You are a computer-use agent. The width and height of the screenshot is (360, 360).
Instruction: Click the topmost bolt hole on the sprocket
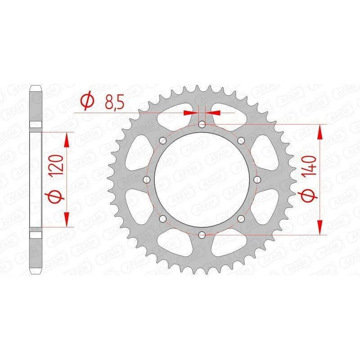pos(202,125)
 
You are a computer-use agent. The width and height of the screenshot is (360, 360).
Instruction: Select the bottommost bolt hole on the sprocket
pos(202,234)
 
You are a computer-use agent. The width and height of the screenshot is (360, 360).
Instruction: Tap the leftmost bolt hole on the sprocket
pos(147,180)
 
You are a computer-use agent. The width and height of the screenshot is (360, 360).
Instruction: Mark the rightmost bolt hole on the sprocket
pos(257,180)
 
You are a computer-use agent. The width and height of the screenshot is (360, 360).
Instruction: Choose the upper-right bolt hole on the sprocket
pos(241,140)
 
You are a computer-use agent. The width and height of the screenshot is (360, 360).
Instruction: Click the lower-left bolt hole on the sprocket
pos(163,219)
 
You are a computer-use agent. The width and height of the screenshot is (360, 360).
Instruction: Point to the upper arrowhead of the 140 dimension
pos(320,131)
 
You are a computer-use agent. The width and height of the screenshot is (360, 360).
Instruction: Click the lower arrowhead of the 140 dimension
pos(320,228)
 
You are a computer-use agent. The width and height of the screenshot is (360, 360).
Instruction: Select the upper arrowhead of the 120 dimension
pos(67,139)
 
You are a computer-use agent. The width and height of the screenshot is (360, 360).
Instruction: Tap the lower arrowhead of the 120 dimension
pos(67,220)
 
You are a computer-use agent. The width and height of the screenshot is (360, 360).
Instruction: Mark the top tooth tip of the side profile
pos(36,86)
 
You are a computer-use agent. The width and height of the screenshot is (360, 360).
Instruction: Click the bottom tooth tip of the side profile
pos(36,273)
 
